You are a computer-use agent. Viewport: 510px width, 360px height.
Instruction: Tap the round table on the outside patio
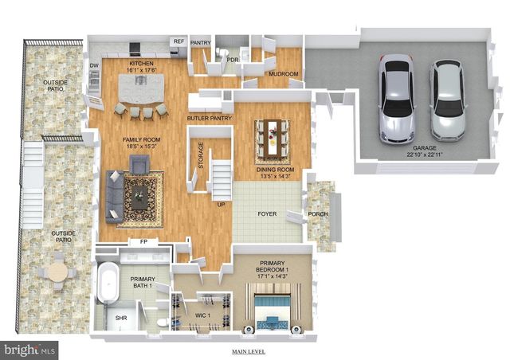coord(58,272)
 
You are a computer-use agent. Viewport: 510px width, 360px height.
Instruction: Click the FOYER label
coord(266,214)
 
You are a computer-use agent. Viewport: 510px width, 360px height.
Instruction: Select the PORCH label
coord(318,213)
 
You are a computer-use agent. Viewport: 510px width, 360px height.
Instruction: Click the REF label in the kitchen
coord(178,41)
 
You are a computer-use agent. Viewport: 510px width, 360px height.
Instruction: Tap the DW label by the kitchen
coord(94,65)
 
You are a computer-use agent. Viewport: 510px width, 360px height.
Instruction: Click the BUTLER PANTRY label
coord(209,119)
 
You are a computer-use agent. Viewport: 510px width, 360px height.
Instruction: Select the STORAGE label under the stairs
coord(202,155)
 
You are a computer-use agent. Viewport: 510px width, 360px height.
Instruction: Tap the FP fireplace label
coord(143,241)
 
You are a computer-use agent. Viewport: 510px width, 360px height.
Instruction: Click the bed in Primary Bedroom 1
coord(273,311)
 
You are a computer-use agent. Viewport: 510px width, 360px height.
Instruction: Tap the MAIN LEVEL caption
coord(249,351)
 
